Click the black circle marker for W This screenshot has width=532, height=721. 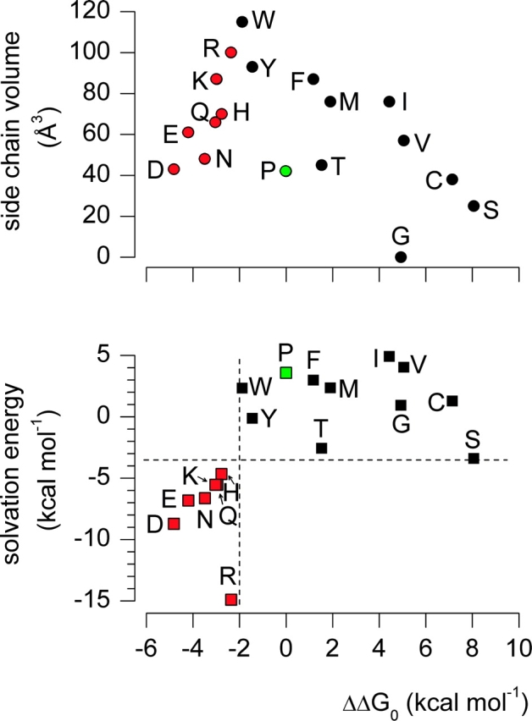pyautogui.click(x=242, y=22)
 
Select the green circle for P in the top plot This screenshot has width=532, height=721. pyautogui.click(x=285, y=170)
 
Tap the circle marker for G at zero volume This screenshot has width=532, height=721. pyautogui.click(x=401, y=256)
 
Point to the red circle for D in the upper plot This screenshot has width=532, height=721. pyautogui.click(x=174, y=169)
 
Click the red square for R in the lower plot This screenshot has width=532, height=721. pyautogui.click(x=231, y=599)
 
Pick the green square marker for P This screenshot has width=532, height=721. pyautogui.click(x=286, y=372)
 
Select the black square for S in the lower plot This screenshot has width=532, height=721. pyautogui.click(x=474, y=459)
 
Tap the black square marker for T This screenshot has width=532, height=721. pyautogui.click(x=322, y=448)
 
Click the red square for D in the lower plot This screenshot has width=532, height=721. pyautogui.click(x=174, y=524)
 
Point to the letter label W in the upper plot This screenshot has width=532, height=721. pyautogui.click(x=263, y=20)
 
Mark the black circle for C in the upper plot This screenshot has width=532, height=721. pyautogui.click(x=452, y=179)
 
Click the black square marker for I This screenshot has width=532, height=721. pyautogui.click(x=390, y=356)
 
